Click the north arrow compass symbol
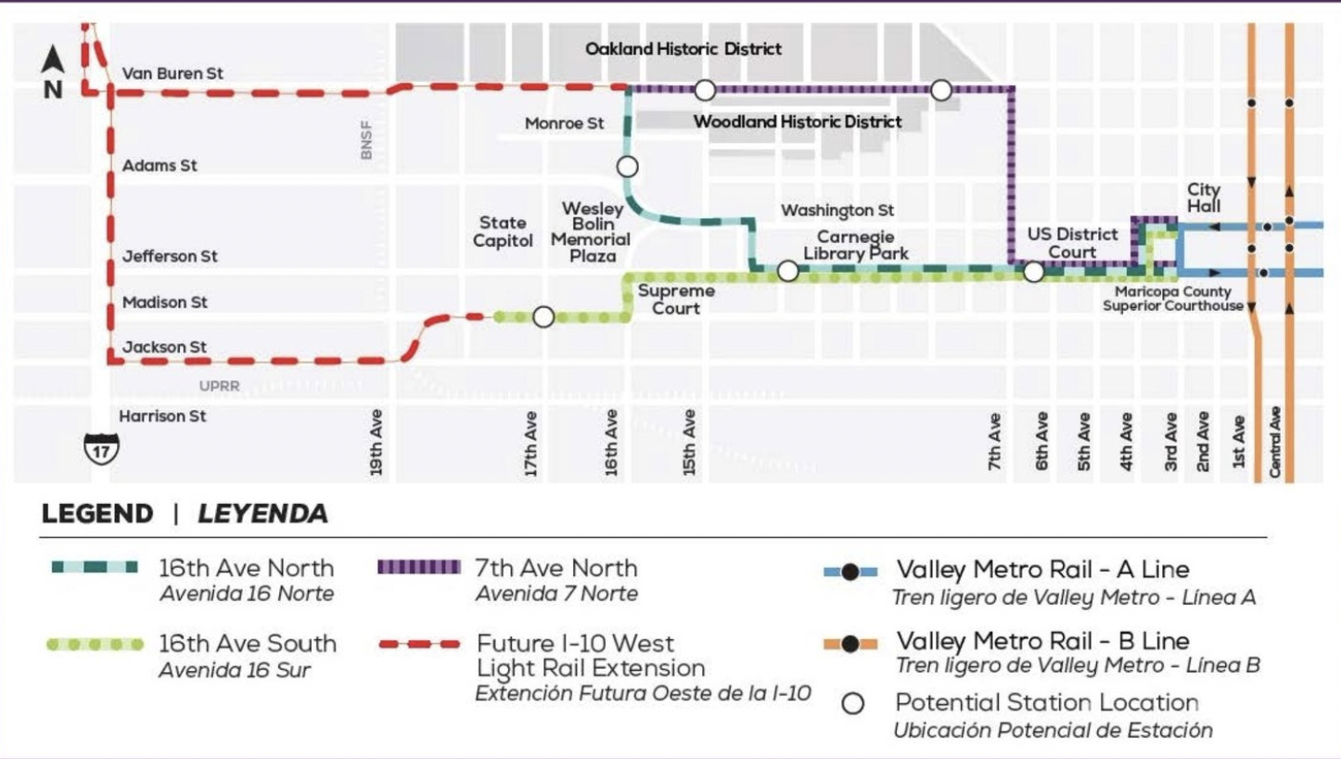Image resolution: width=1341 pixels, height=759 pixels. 53,72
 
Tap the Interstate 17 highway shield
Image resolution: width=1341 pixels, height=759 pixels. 101,448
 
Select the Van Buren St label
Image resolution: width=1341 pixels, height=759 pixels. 172,73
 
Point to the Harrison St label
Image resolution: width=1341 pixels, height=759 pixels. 163,417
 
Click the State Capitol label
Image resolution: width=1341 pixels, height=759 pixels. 503,232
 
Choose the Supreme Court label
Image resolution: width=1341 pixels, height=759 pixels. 675,300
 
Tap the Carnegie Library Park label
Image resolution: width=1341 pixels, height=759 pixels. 855,245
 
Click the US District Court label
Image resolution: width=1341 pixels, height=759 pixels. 1072,243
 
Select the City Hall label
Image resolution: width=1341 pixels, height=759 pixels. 1204,198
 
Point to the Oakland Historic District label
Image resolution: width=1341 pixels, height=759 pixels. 683,48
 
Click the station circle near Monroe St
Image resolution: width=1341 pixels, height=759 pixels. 628,167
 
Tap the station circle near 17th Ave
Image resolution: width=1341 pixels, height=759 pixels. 543,317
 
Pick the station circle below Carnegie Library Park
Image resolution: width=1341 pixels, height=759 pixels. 787,271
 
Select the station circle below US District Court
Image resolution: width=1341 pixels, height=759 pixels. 1033,272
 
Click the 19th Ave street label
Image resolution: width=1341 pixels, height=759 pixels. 377,443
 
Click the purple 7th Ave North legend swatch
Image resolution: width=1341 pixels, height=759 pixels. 418,567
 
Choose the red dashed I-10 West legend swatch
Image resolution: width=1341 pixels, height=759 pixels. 418,644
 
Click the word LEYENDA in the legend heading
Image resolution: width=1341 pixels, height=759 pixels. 262,514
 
